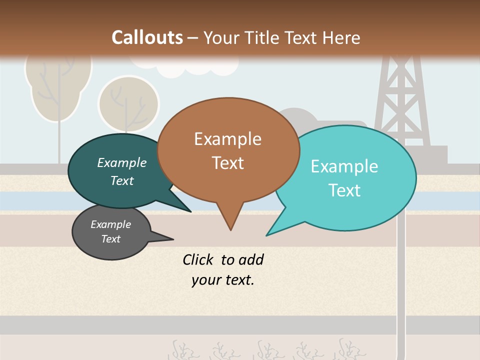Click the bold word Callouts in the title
147,37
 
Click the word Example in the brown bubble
227,139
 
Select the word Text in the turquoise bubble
344,190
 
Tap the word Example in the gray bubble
110,224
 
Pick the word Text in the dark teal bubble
122,181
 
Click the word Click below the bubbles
199,260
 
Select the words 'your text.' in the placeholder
223,280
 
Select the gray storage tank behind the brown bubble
300,119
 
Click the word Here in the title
342,37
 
